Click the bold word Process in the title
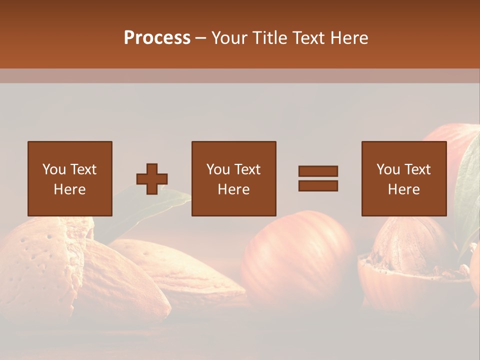click(157, 37)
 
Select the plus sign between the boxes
click(152, 179)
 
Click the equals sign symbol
click(318, 178)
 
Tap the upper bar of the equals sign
click(318, 171)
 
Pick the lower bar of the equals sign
click(318, 186)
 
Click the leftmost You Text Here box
click(70, 178)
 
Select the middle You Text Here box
click(233, 178)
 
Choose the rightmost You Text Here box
click(403, 178)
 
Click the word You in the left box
click(53, 169)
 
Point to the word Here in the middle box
click(233, 189)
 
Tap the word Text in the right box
click(417, 169)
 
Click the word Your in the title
click(231, 37)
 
